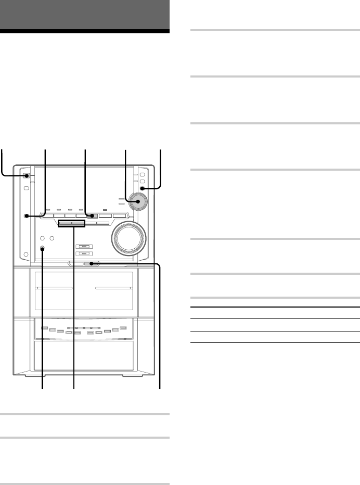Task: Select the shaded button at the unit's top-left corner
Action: click(25, 176)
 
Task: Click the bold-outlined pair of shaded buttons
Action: click(71, 223)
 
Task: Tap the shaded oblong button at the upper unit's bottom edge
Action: click(92, 264)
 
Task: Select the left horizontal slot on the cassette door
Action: click(54, 288)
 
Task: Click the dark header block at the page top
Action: click(85, 16)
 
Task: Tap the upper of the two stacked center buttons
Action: click(84, 247)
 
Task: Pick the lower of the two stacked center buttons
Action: click(84, 254)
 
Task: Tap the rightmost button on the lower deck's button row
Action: click(123, 327)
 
